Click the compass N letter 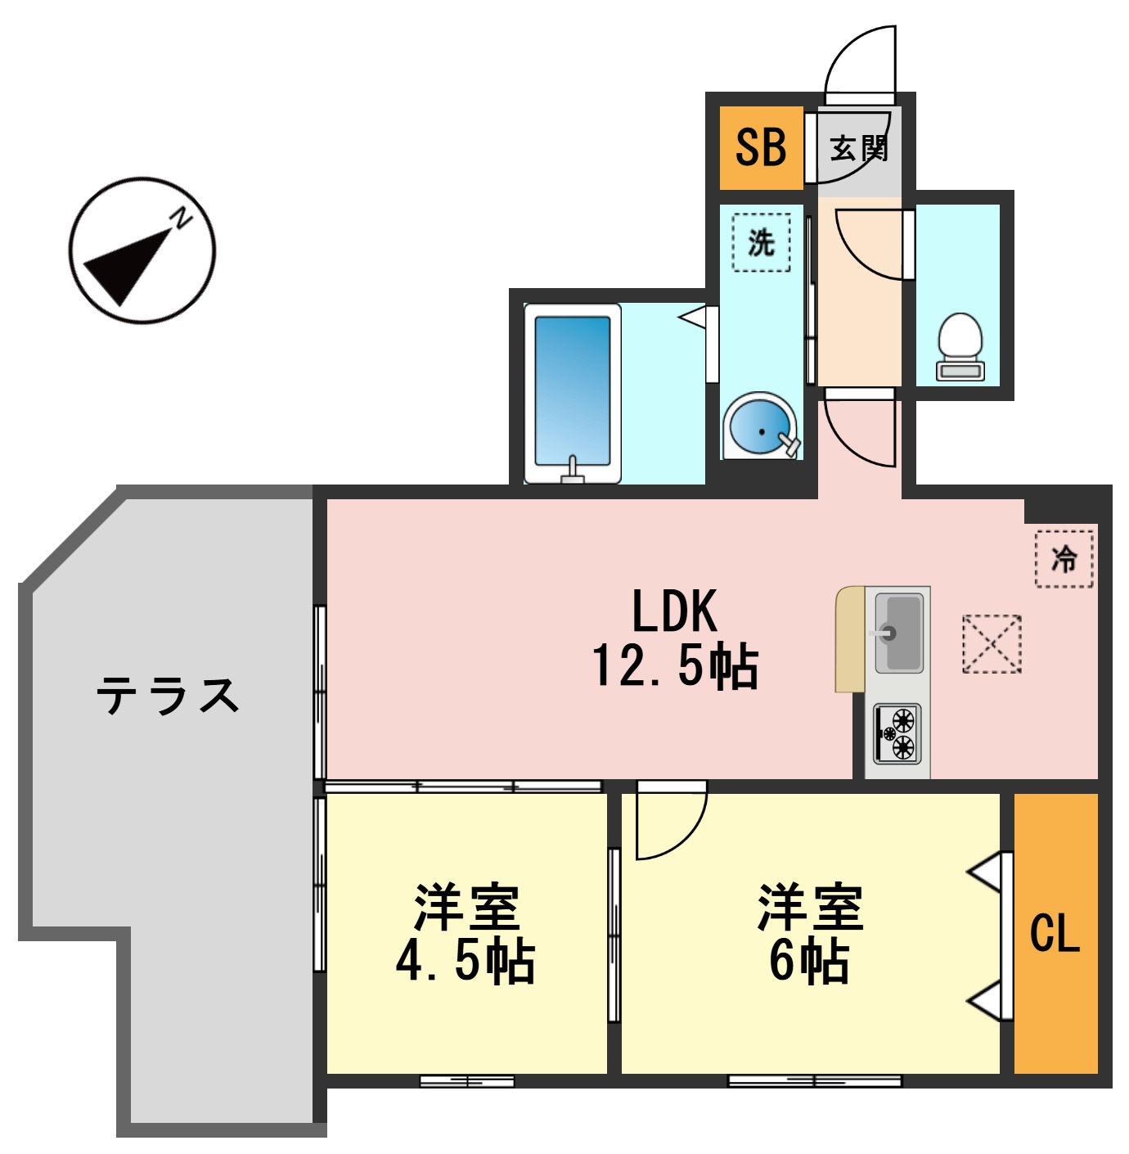(x=181, y=219)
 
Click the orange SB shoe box (x=761, y=148)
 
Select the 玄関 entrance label (x=858, y=149)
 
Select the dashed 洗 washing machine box (x=761, y=242)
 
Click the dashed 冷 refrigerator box (x=1064, y=559)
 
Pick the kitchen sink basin (x=898, y=630)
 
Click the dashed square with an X (x=992, y=644)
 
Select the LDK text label (x=675, y=611)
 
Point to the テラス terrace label (x=168, y=696)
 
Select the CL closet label (x=1055, y=933)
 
